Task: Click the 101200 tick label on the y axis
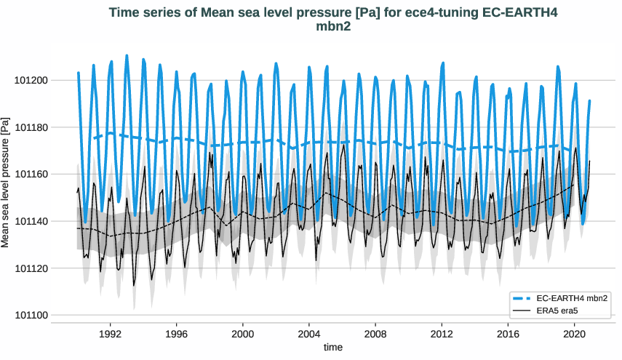(30, 80)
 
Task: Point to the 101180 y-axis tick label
(30, 127)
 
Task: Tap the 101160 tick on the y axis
(30, 175)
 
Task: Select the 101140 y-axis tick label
(30, 221)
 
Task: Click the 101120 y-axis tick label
(30, 268)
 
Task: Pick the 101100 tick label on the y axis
(30, 316)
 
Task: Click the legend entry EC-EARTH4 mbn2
(572, 299)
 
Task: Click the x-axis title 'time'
(332, 348)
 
